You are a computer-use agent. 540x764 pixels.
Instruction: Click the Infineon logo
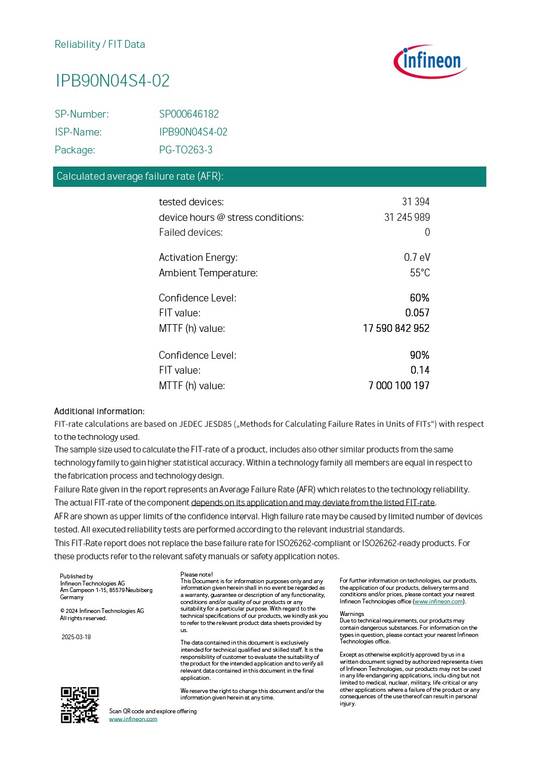[430, 61]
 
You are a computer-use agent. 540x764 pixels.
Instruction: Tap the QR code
[80, 705]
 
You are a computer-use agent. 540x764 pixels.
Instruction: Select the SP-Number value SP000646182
[189, 114]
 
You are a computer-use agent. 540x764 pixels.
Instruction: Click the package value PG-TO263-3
[186, 150]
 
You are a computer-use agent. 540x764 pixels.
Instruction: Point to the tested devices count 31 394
[415, 202]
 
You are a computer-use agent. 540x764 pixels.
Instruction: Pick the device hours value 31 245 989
[407, 217]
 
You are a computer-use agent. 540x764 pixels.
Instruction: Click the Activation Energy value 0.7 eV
[416, 258]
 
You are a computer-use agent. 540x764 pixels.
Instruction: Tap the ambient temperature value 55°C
[419, 273]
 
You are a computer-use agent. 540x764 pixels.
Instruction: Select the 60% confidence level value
[419, 298]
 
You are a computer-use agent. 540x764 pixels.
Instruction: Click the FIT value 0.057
[417, 313]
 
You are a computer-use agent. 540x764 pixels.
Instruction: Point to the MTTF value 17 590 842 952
[396, 328]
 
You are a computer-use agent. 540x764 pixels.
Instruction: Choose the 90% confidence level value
[419, 355]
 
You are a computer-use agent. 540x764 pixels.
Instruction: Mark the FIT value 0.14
[420, 370]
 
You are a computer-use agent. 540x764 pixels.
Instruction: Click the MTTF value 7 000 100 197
[399, 386]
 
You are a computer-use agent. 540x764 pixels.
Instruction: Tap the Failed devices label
[190, 232]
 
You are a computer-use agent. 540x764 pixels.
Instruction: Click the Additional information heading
[99, 411]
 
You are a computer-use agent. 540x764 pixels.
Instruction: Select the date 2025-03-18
[76, 637]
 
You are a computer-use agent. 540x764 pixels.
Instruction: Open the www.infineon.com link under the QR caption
[133, 719]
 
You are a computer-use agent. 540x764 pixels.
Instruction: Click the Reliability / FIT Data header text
[100, 44]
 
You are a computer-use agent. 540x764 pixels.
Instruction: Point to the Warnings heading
[351, 614]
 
